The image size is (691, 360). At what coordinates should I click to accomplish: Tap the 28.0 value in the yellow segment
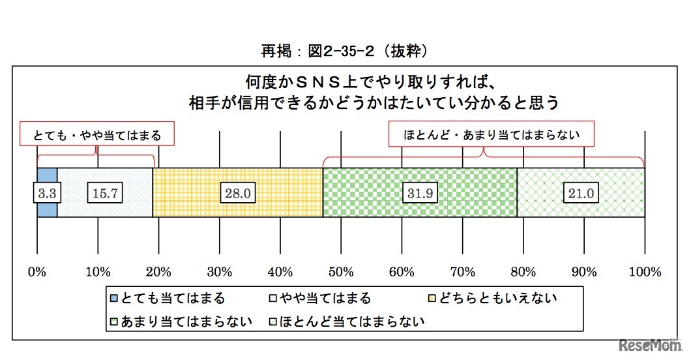[237, 193]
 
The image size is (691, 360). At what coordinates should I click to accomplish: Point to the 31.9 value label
[419, 193]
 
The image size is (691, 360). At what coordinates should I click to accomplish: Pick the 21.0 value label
[580, 193]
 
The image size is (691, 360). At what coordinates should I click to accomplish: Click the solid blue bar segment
[47, 176]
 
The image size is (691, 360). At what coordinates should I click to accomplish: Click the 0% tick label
[37, 271]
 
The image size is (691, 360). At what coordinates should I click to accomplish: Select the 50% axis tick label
[341, 271]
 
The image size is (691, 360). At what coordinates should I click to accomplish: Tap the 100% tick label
[645, 271]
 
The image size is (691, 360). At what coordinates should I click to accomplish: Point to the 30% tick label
[220, 271]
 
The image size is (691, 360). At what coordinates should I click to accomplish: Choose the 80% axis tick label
[523, 271]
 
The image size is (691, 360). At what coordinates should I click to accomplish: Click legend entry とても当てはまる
[167, 299]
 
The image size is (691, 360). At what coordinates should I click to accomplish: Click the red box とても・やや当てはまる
[97, 136]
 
